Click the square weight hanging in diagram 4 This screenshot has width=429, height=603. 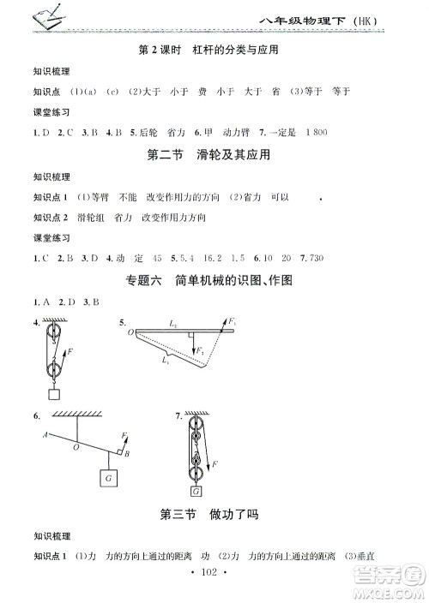pyautogui.click(x=56, y=395)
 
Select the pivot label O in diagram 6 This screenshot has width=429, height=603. pyautogui.click(x=76, y=446)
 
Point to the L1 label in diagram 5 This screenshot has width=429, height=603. pyautogui.click(x=163, y=361)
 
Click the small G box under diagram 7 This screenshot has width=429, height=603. pyautogui.click(x=196, y=491)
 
